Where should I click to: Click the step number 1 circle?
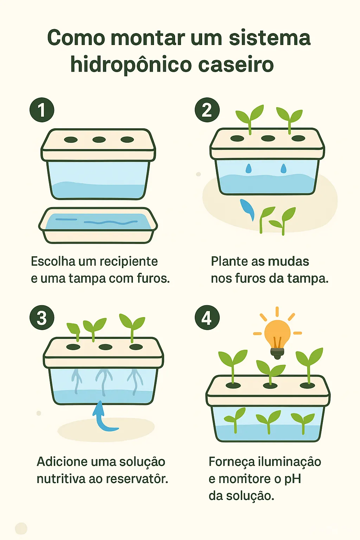(42, 110)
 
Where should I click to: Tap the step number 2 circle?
(207, 110)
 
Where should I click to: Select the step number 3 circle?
(42, 317)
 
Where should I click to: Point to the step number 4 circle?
(207, 317)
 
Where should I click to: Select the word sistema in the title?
(270, 38)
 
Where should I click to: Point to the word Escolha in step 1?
(53, 262)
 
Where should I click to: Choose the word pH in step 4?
(292, 479)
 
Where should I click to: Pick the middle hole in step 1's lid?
(99, 140)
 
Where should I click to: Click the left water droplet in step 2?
(249, 168)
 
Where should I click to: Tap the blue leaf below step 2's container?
(247, 209)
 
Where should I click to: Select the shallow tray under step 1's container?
(98, 225)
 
